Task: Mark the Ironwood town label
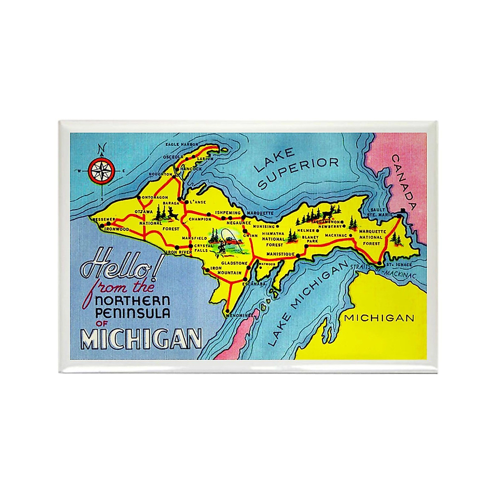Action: [x=117, y=229]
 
